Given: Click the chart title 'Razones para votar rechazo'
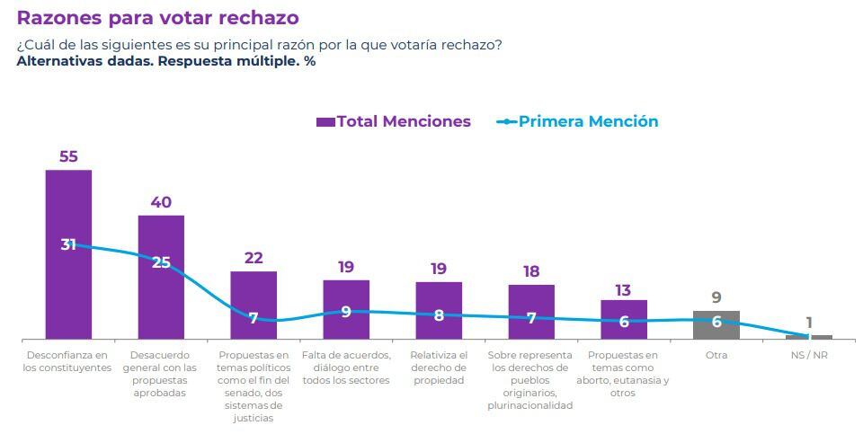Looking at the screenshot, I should pos(157,18).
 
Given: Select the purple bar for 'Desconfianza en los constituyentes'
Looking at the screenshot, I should pos(68,288).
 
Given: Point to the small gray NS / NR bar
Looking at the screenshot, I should pos(809,337).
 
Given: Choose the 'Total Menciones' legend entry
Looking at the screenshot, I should pos(394,121).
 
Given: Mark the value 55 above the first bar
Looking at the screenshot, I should pos(68,156).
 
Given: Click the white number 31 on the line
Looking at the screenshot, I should pos(68,244).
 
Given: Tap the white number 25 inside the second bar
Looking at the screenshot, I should pos(161,263).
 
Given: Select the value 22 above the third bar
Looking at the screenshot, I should pos(254,259).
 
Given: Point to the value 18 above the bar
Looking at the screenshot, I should pos(531,271).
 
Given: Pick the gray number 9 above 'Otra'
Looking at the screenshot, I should pos(716,297).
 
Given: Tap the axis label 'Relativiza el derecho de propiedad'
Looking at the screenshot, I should pos(439,368).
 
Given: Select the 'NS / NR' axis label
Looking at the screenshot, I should pos(809,355).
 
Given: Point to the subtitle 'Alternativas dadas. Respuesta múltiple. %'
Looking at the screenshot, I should pos(166,61).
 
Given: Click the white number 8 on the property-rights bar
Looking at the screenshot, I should pos(439,315).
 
